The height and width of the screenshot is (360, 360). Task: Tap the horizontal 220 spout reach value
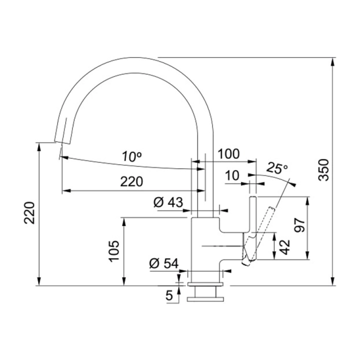[131, 182]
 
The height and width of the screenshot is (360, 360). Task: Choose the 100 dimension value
[228, 154]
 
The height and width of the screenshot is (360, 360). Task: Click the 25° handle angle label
[277, 168]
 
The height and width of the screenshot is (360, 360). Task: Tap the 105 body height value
[115, 251]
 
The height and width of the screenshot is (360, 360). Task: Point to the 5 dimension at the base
[169, 295]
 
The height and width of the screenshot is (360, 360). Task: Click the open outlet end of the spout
[61, 139]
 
